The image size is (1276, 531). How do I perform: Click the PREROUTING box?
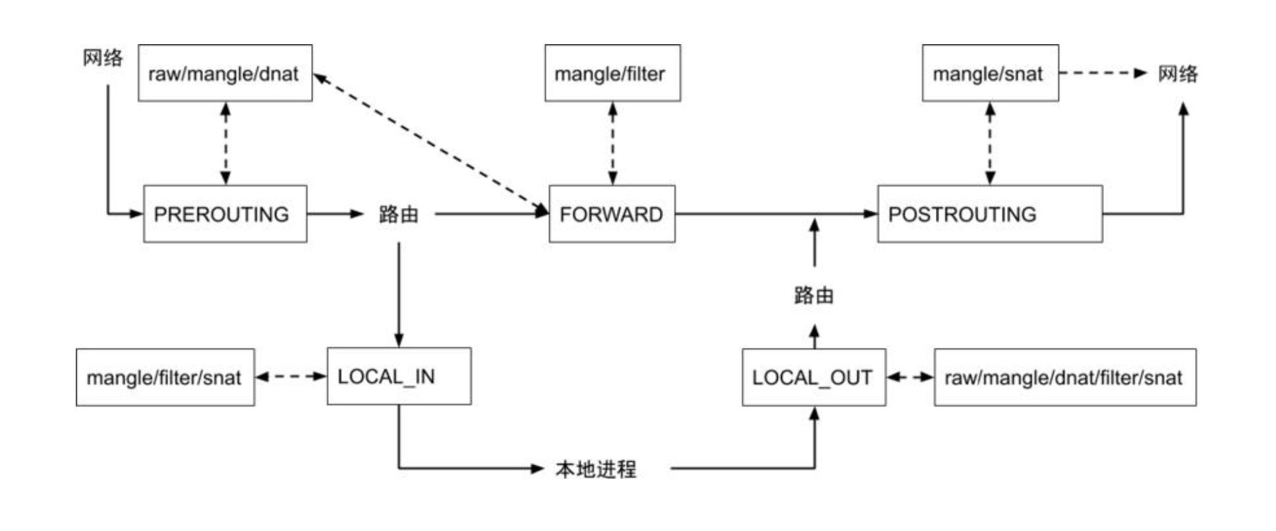click(x=225, y=214)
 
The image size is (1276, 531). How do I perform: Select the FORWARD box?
click(x=612, y=214)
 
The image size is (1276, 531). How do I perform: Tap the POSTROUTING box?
click(x=989, y=214)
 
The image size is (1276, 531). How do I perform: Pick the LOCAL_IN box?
click(x=399, y=376)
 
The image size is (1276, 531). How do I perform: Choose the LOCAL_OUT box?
click(x=813, y=377)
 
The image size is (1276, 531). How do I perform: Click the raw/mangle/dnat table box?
click(x=225, y=73)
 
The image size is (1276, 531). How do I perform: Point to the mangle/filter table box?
click(x=612, y=73)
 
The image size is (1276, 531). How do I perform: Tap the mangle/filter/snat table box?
click(x=165, y=377)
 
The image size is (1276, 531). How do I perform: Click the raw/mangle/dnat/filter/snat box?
click(x=1064, y=377)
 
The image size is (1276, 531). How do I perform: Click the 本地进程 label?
click(x=596, y=469)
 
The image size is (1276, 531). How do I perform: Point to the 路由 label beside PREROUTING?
click(x=399, y=214)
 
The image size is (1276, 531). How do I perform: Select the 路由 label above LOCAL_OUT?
click(x=814, y=295)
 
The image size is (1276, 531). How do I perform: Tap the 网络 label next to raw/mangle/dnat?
click(x=103, y=58)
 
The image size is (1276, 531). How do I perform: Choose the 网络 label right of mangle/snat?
click(x=1178, y=73)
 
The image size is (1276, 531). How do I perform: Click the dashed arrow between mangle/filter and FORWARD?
click(x=612, y=143)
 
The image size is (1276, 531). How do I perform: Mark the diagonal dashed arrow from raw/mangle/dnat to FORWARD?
click(x=431, y=143)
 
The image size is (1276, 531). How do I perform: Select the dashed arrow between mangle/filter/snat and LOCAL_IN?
click(x=291, y=377)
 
